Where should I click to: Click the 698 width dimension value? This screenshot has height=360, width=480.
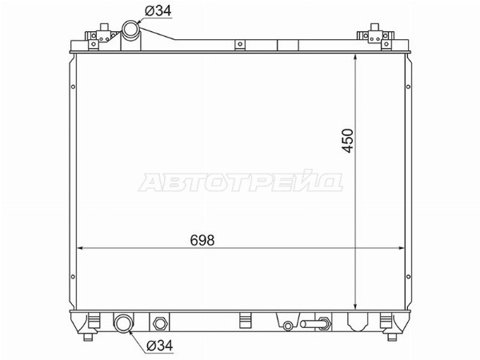[x=202, y=240]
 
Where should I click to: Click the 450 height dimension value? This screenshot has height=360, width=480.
[x=348, y=141]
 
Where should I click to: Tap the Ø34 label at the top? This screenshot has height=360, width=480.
[x=158, y=11]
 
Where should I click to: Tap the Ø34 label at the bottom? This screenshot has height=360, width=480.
[x=159, y=346]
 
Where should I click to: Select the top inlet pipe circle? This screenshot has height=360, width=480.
[x=130, y=30]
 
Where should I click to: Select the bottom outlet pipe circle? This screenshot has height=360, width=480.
[x=123, y=323]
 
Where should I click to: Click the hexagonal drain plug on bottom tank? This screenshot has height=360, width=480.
[x=159, y=323]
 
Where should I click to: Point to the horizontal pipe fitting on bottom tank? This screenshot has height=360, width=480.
[x=315, y=323]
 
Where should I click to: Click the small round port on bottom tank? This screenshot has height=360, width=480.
[x=287, y=326]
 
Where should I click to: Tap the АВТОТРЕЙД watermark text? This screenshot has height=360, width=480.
[x=241, y=182]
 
